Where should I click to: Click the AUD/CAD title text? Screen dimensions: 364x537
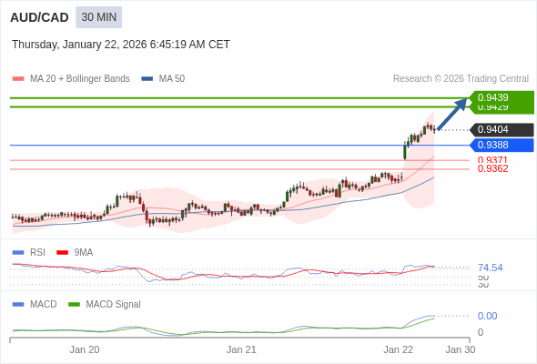(x=39, y=17)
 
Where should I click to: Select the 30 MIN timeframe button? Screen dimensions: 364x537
(x=98, y=17)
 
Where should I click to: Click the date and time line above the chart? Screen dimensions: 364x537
(x=121, y=45)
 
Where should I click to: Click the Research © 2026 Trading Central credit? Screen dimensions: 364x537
(x=461, y=78)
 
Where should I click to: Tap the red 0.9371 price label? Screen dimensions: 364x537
(x=492, y=160)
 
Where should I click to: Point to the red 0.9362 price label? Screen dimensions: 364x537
(x=492, y=168)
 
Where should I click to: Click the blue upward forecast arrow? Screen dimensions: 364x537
(x=452, y=114)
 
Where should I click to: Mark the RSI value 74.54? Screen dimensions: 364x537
(x=490, y=268)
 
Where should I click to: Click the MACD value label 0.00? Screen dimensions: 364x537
(x=487, y=316)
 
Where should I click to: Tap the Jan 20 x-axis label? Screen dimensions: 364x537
(x=85, y=349)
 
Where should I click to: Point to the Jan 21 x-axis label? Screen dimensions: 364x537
(x=241, y=349)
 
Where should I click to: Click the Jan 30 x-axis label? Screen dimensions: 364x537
(x=460, y=349)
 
